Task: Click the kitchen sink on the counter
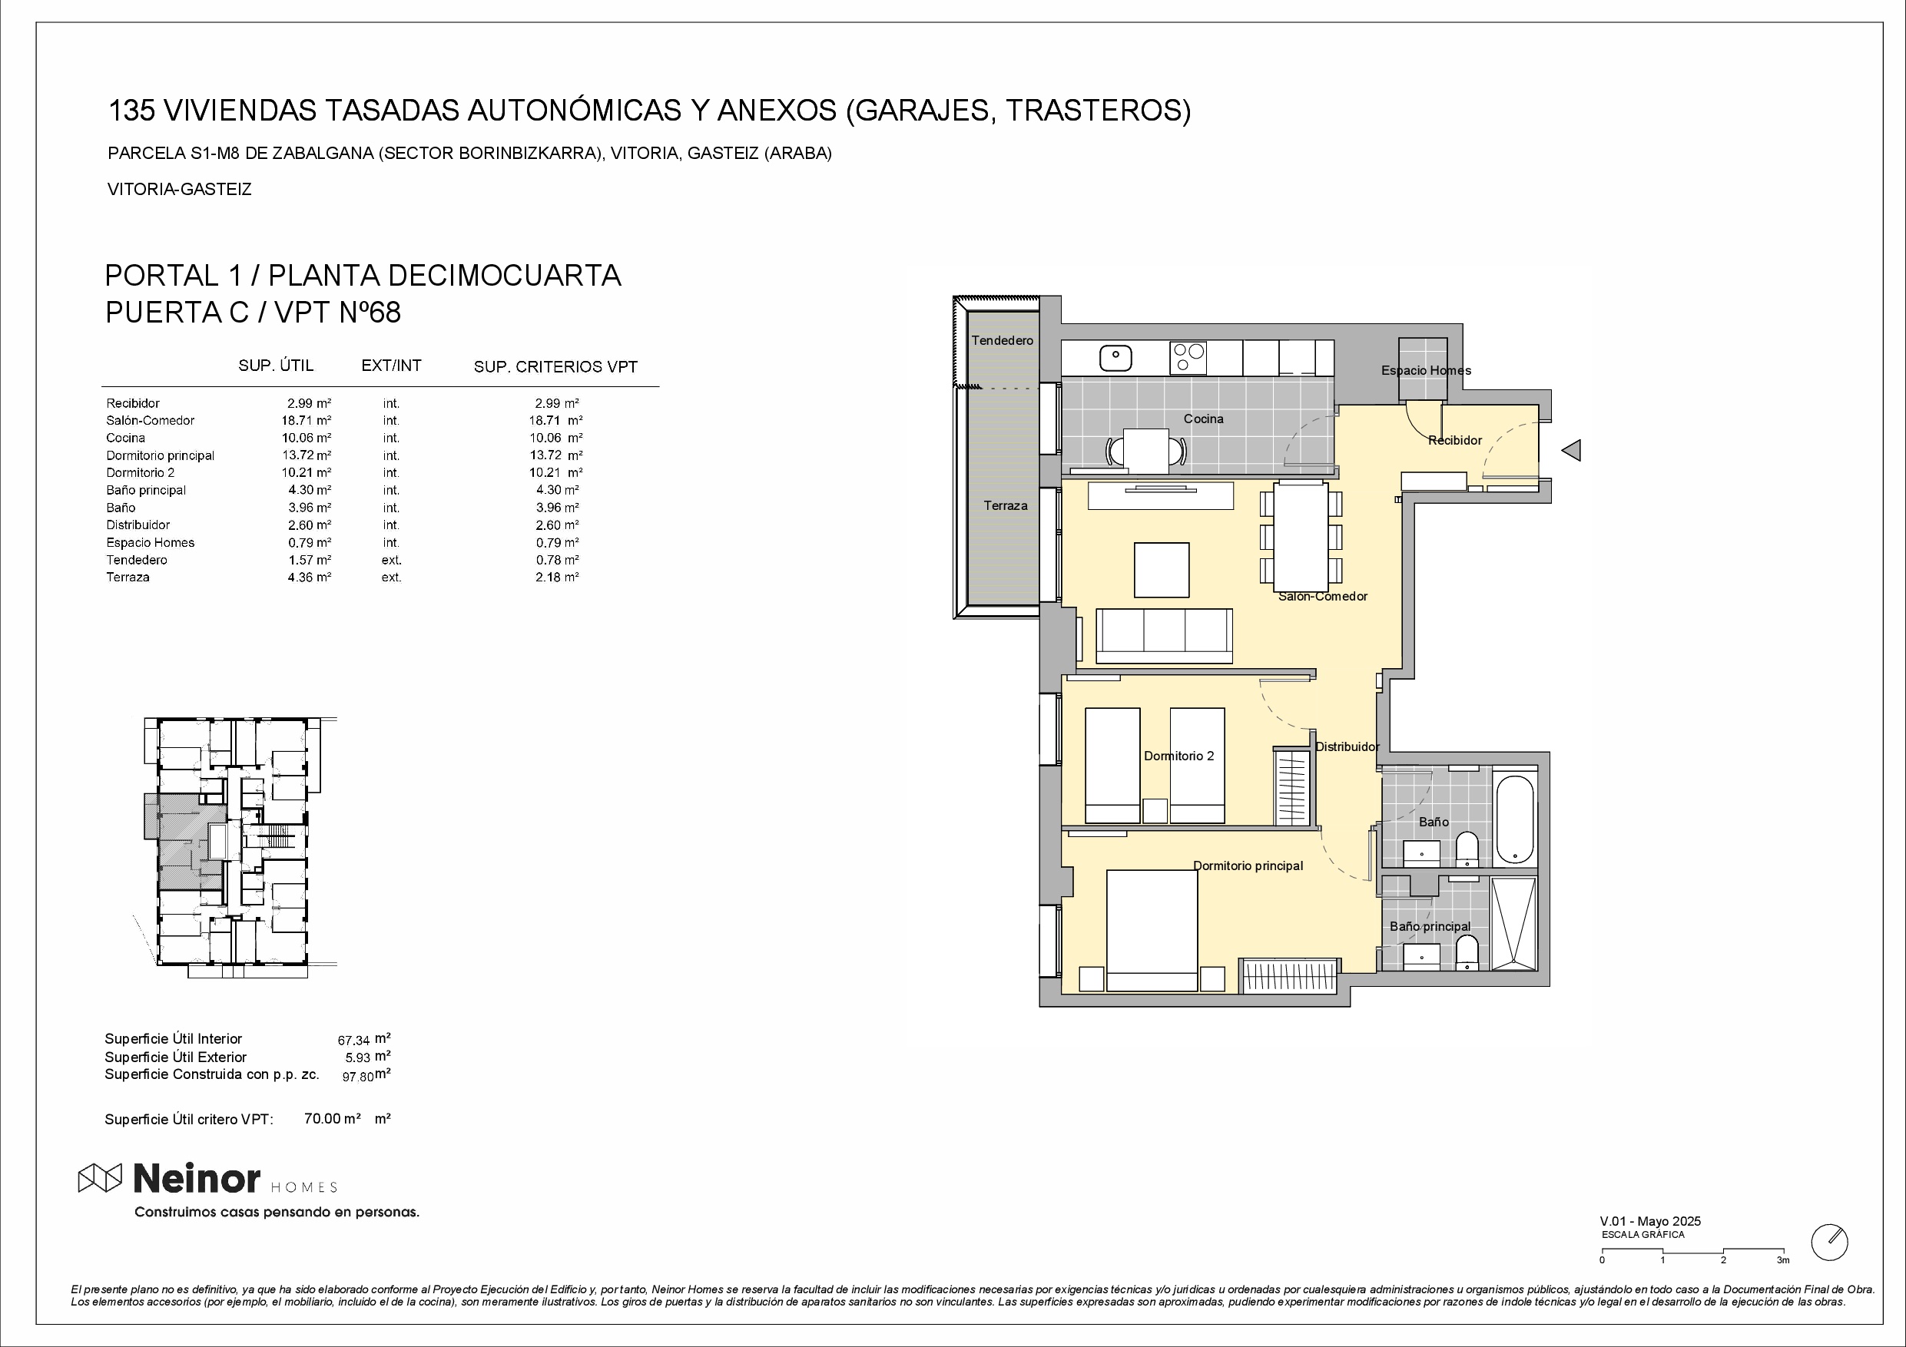click(x=1115, y=358)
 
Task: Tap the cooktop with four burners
click(x=1188, y=358)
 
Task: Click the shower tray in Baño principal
click(x=1515, y=923)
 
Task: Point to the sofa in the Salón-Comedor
click(x=1164, y=636)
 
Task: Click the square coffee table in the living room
click(x=1162, y=569)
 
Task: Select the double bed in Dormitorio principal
click(x=1152, y=929)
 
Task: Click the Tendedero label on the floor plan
click(x=1003, y=340)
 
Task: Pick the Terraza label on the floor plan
click(x=1006, y=505)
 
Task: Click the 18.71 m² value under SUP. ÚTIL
click(x=307, y=421)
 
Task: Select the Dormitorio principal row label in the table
click(x=161, y=455)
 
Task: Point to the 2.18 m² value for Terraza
click(x=557, y=577)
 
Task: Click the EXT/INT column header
click(x=391, y=366)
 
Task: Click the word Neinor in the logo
click(x=197, y=1178)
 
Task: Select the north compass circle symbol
click(x=1830, y=1243)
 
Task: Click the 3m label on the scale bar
click(x=1783, y=1260)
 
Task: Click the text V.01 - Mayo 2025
click(x=1650, y=1221)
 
